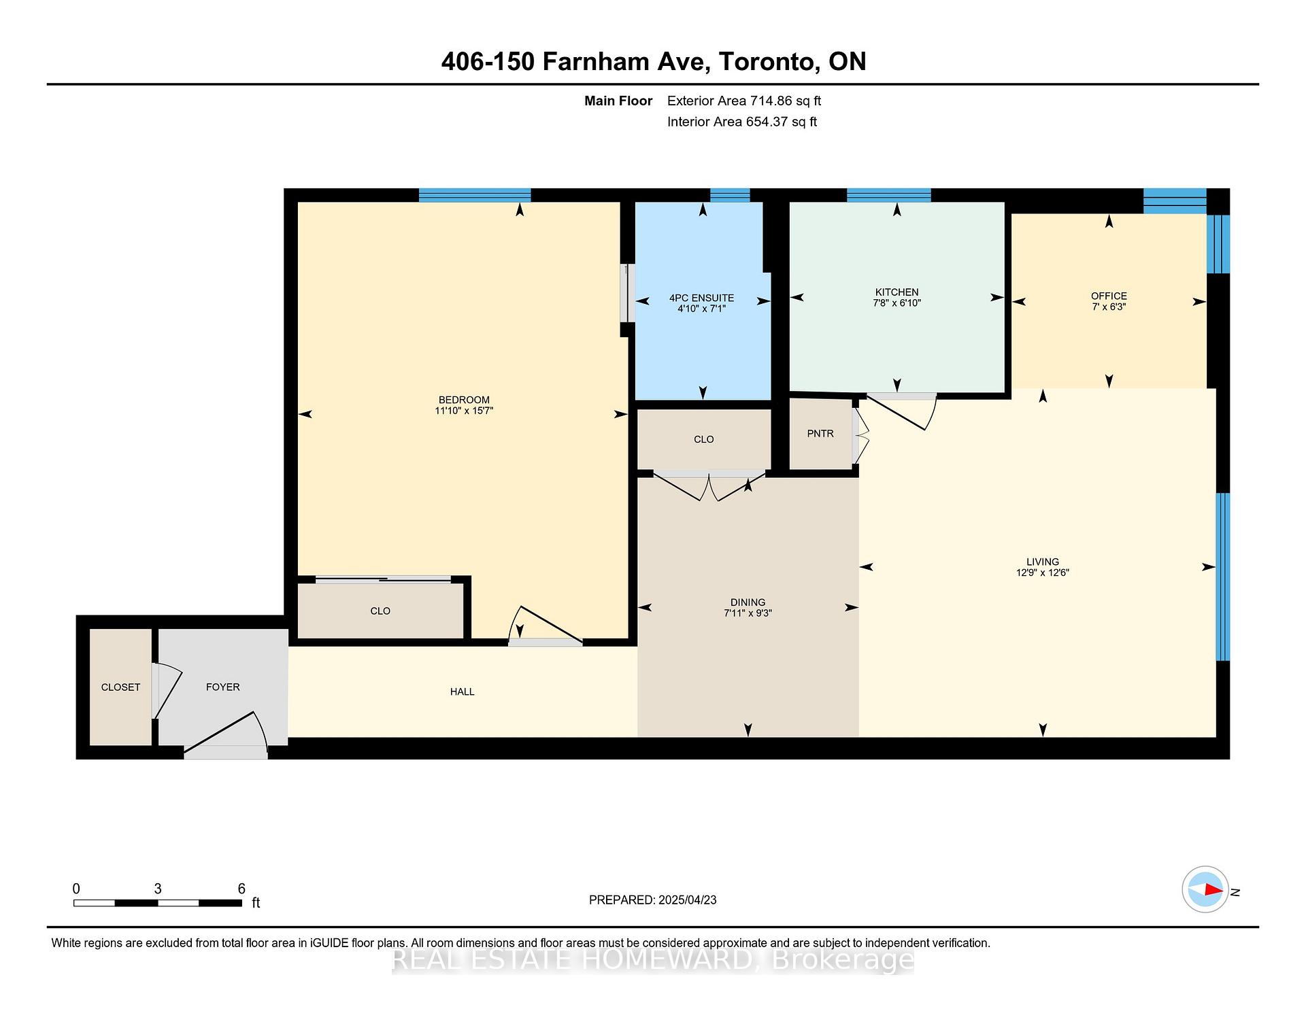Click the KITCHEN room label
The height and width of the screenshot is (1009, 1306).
coord(897,292)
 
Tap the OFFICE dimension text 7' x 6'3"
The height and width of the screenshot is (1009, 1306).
coord(1109,307)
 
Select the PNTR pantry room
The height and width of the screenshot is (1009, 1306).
coord(820,434)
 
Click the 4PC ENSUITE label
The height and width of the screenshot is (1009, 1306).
coord(701,298)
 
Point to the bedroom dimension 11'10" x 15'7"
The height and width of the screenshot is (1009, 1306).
coord(464,411)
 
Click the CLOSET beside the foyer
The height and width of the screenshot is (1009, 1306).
coord(120,687)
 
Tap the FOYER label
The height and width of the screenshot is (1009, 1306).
coord(222,687)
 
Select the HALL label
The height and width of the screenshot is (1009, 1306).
coord(462,691)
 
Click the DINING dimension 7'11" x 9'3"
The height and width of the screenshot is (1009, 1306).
coord(748,613)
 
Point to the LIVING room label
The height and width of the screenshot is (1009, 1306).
coord(1042,562)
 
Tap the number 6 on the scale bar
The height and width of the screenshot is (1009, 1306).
coord(241,889)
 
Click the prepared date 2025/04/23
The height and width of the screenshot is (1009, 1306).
coord(687,900)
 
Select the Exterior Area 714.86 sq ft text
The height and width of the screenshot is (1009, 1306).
coord(743,101)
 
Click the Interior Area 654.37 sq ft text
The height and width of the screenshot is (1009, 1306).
coord(741,122)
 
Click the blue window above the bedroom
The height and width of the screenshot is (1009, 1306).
coord(474,195)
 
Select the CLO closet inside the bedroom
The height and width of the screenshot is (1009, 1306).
coord(380,611)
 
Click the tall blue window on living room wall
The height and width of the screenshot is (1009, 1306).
coord(1222,577)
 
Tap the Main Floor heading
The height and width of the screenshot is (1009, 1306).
coord(618,101)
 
